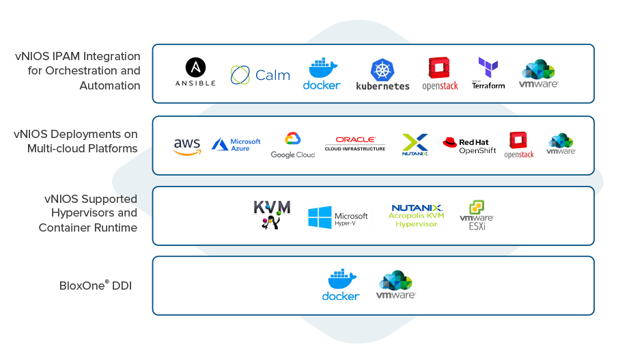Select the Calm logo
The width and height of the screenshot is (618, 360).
[260, 74]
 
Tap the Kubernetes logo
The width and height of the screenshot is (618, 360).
[382, 74]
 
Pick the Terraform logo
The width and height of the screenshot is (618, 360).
[488, 73]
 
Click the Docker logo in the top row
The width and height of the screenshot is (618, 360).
[322, 73]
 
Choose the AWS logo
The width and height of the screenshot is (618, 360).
[187, 146]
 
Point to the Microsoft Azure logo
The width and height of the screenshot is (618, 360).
[236, 144]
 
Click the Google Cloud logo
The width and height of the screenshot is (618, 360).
[292, 146]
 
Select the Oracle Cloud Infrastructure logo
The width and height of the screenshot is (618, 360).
[355, 143]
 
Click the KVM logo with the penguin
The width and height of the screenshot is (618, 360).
[272, 214]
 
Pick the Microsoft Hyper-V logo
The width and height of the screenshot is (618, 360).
[337, 217]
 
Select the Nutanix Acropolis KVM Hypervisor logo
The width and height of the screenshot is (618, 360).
[417, 215]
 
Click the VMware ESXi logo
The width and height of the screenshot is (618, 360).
[476, 215]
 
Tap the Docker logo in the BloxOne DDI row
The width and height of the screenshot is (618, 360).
[341, 285]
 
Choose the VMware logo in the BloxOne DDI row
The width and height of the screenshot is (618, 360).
[396, 285]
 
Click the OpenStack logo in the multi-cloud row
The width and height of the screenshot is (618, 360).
[519, 146]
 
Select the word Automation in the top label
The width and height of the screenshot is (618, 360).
[110, 85]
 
